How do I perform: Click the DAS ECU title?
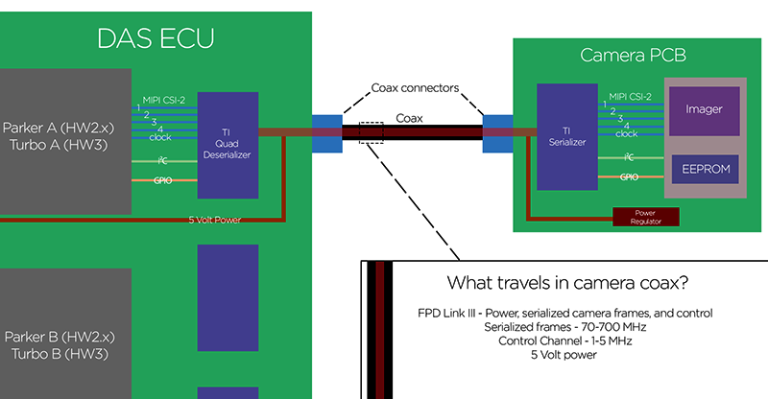(x=155, y=39)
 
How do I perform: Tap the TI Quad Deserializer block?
(x=228, y=145)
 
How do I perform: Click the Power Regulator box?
(x=645, y=218)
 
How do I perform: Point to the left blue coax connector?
(x=326, y=133)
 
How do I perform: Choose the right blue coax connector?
(x=497, y=133)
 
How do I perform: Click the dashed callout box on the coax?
(x=372, y=132)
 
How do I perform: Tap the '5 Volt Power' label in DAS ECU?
(x=216, y=219)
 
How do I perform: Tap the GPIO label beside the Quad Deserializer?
(x=160, y=179)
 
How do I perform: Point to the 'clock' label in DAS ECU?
(x=160, y=137)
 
